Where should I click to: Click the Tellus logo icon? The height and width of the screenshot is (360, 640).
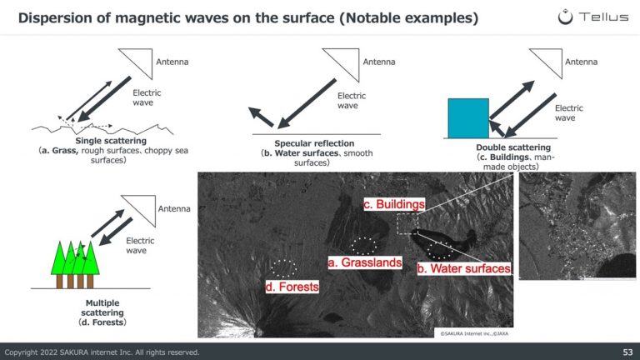coord(565,17)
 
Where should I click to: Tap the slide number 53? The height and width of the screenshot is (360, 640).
coord(627,352)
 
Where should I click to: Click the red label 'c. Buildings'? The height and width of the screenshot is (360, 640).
coord(394,204)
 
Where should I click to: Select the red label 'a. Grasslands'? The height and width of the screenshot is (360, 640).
coord(365,262)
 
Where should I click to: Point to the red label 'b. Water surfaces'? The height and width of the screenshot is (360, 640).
coord(463,268)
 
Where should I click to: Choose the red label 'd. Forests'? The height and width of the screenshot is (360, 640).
coord(292,287)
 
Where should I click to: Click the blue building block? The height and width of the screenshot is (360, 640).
coord(468,118)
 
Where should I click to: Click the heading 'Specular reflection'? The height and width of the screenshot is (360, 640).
coord(314,143)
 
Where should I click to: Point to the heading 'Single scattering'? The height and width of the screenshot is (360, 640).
coord(111,141)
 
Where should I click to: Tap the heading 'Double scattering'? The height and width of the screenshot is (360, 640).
coord(513,147)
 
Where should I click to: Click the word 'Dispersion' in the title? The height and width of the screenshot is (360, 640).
coord(50,18)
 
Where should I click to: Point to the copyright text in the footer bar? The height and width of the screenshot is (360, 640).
coord(102,352)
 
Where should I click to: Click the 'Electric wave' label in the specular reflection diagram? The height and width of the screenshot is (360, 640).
coord(352,100)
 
